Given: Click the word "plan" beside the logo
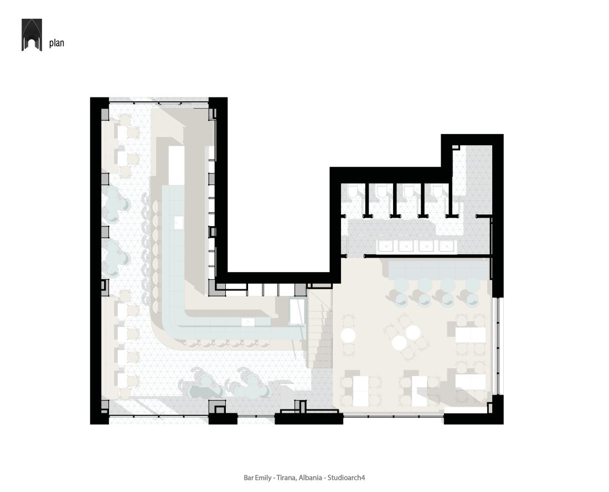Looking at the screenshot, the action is pos(56,43).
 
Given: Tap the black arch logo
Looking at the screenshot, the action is pos(32,34).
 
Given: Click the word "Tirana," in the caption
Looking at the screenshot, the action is pos(287,478).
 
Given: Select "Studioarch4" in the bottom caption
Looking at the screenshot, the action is pos(346,478).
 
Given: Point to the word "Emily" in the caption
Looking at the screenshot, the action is pos(263,478).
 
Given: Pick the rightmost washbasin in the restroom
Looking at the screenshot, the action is pos(447,246).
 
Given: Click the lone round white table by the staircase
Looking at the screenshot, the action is pos(348,335).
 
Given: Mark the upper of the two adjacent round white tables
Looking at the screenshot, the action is pos(412,332).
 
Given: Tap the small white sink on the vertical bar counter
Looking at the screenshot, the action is pos(179,222).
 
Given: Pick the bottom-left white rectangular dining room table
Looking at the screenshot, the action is pos(360,391).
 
